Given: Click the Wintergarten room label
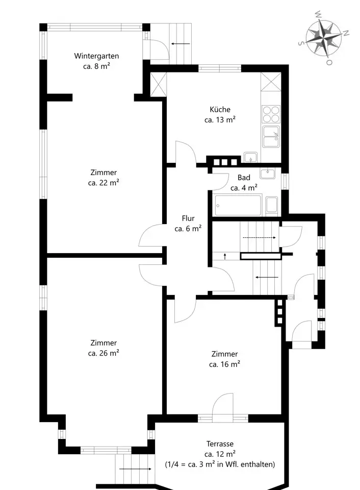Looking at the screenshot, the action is (x=96, y=56).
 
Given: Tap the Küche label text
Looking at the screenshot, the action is (x=220, y=109).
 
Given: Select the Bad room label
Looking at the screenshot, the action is (x=244, y=178).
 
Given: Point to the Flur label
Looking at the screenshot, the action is (x=188, y=218).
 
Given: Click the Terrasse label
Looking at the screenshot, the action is (x=220, y=444).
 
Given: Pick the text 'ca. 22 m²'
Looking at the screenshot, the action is (x=104, y=183).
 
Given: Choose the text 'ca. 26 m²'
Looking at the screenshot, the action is (x=104, y=353).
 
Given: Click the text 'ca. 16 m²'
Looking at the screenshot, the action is (x=224, y=364).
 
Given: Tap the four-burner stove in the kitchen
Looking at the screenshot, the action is (x=271, y=114).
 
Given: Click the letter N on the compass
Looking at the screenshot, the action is (x=346, y=33).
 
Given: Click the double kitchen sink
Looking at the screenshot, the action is (x=271, y=137).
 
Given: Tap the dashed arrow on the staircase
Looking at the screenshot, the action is (x=259, y=237).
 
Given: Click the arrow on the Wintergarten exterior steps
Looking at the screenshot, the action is (x=181, y=44).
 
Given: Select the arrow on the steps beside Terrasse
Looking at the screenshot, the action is (x=135, y=469).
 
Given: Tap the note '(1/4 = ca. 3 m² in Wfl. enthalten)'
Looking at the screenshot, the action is (x=220, y=464).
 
